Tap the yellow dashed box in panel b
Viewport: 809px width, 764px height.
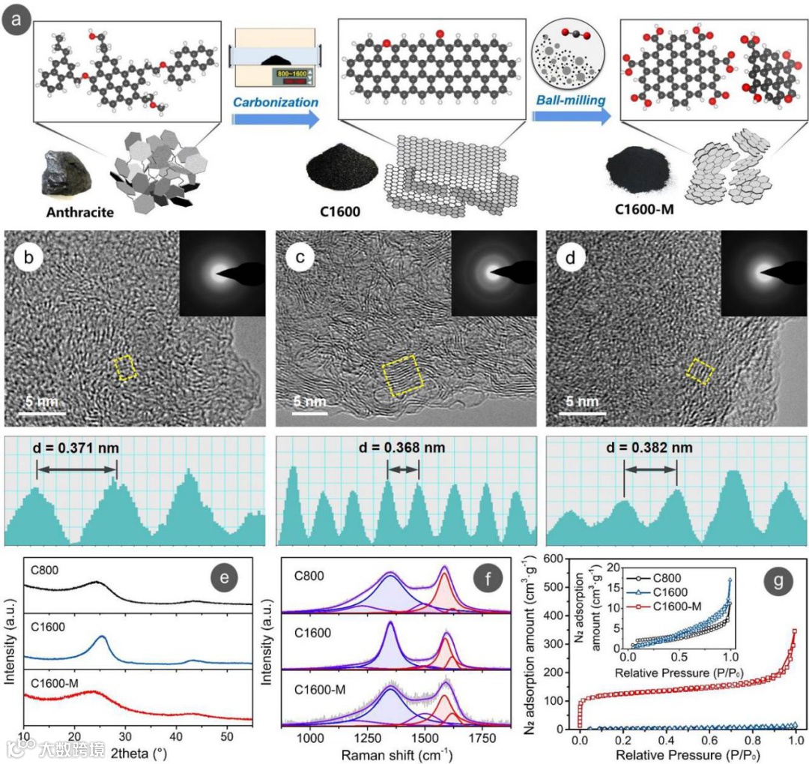tap(126, 368)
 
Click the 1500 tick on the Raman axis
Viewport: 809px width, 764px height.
tap(425, 736)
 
